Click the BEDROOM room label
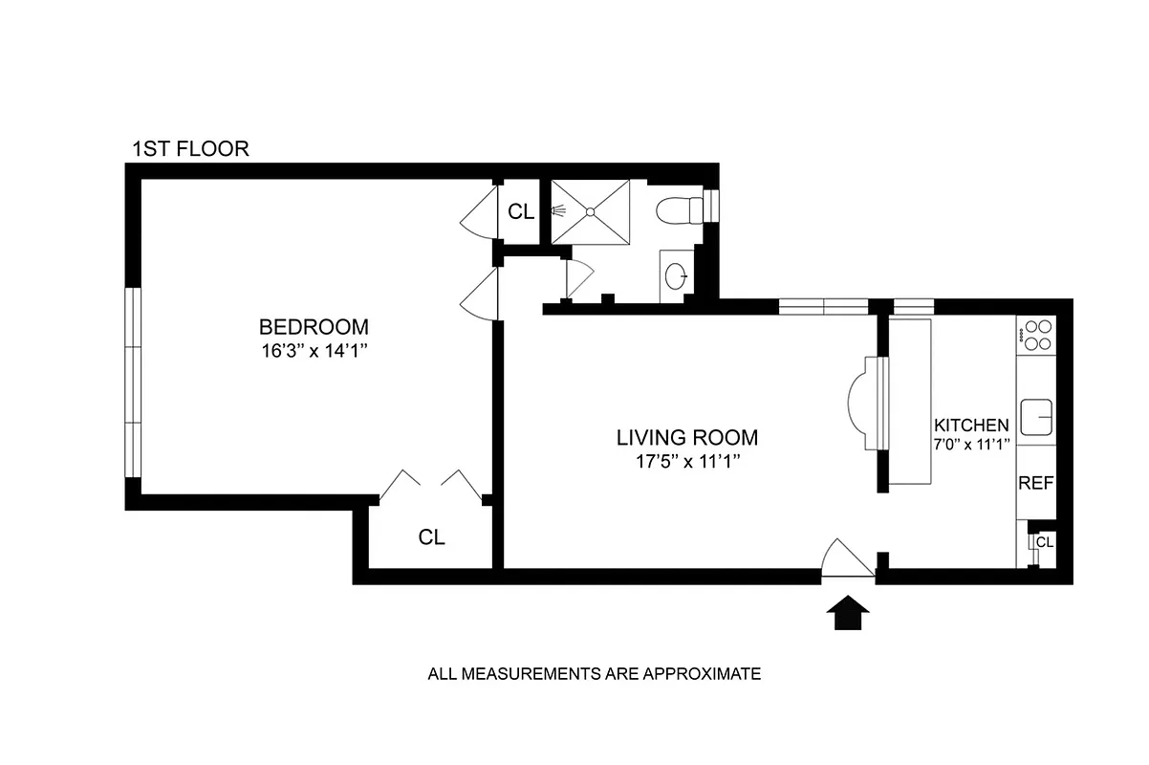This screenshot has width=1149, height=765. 314,326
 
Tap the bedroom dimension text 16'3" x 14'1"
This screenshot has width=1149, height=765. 314,350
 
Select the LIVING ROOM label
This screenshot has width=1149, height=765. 686,438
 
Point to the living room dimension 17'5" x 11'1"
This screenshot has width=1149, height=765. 686,462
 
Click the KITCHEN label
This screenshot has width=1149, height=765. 971,426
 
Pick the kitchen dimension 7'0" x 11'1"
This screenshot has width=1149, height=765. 971,444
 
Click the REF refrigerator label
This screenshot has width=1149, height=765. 1035,483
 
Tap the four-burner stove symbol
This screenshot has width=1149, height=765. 1036,334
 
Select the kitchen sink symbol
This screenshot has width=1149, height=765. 1036,418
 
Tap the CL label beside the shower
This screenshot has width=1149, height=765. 521,212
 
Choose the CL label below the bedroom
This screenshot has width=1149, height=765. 432,537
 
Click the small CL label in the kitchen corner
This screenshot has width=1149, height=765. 1045,542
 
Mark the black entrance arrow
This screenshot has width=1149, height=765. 848,613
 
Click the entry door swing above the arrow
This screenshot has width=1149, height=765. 844,559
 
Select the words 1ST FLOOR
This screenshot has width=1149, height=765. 190,149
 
